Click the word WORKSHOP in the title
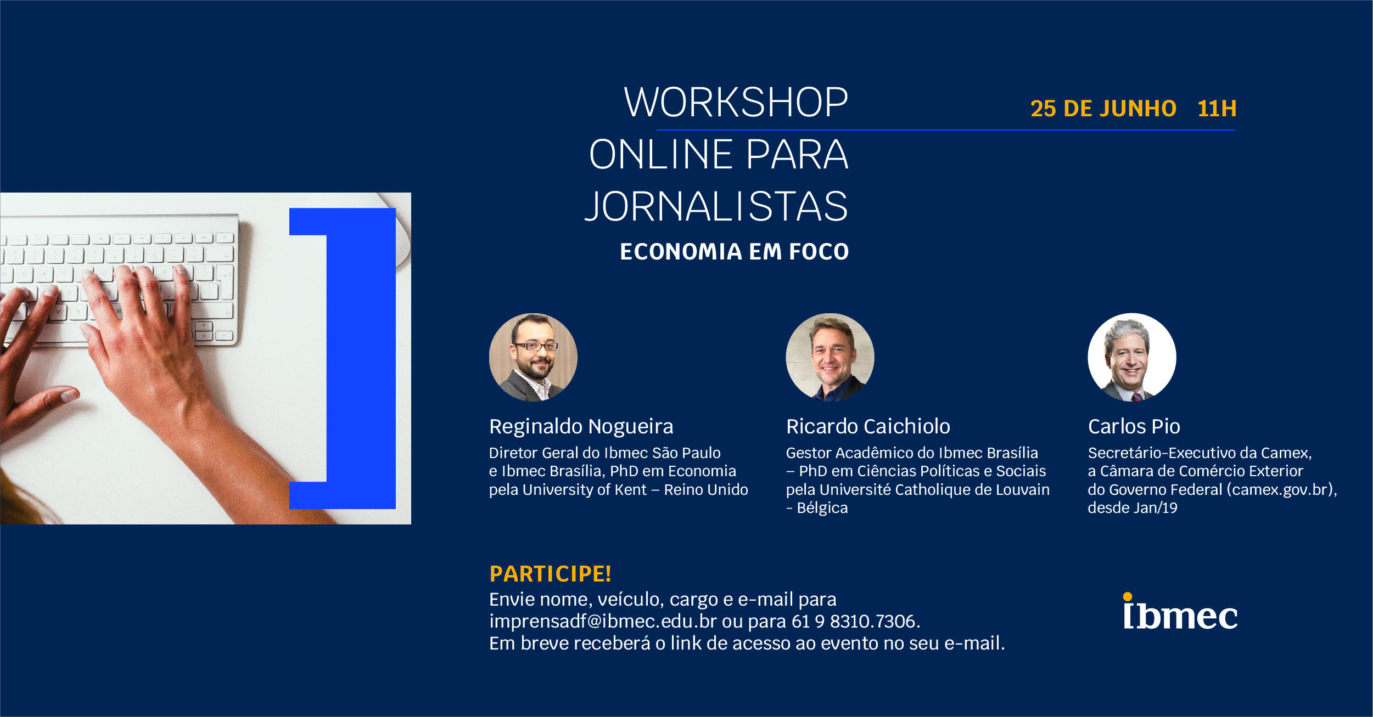click(x=736, y=103)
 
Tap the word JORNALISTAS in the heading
click(x=716, y=206)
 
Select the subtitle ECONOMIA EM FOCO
click(x=734, y=252)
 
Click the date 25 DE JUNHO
click(x=1103, y=109)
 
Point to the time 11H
click(x=1217, y=109)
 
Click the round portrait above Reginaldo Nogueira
click(x=533, y=357)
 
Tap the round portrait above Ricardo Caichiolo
click(x=830, y=357)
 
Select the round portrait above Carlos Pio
click(x=1131, y=357)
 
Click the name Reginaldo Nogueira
click(x=581, y=426)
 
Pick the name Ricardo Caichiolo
click(x=868, y=426)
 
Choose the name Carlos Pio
click(x=1134, y=426)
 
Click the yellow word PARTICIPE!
click(x=550, y=574)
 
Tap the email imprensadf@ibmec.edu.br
click(x=603, y=621)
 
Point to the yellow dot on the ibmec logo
click(x=1127, y=596)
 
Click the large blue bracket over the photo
click(x=361, y=358)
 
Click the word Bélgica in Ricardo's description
click(x=822, y=508)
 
